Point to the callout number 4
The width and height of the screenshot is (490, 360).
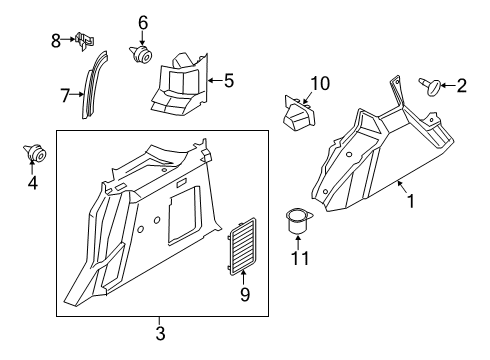31,183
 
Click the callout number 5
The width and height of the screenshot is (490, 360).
229,79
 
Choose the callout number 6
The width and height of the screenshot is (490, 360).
142,22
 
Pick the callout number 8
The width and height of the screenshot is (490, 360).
56,40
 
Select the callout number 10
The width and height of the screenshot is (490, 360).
319,83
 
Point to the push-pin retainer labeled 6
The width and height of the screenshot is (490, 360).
140,53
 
